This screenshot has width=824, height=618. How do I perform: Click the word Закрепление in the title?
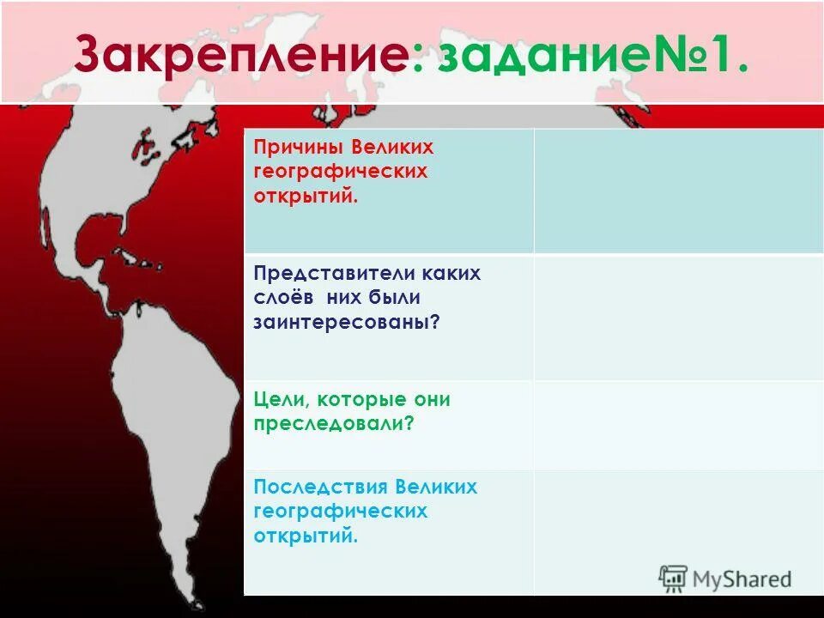coord(239,56)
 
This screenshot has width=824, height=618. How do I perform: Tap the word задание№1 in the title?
coord(593,56)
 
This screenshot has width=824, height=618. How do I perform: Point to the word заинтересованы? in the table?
coord(341,321)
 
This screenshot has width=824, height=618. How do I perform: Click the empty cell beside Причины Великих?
coord(678,191)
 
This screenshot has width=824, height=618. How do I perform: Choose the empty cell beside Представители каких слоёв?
coord(678,318)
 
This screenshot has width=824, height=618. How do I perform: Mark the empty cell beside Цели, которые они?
coord(678,424)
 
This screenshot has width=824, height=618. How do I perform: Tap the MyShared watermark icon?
coord(674,579)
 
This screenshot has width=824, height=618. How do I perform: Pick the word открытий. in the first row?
coord(305,195)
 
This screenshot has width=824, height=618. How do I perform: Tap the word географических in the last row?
coord(340,512)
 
